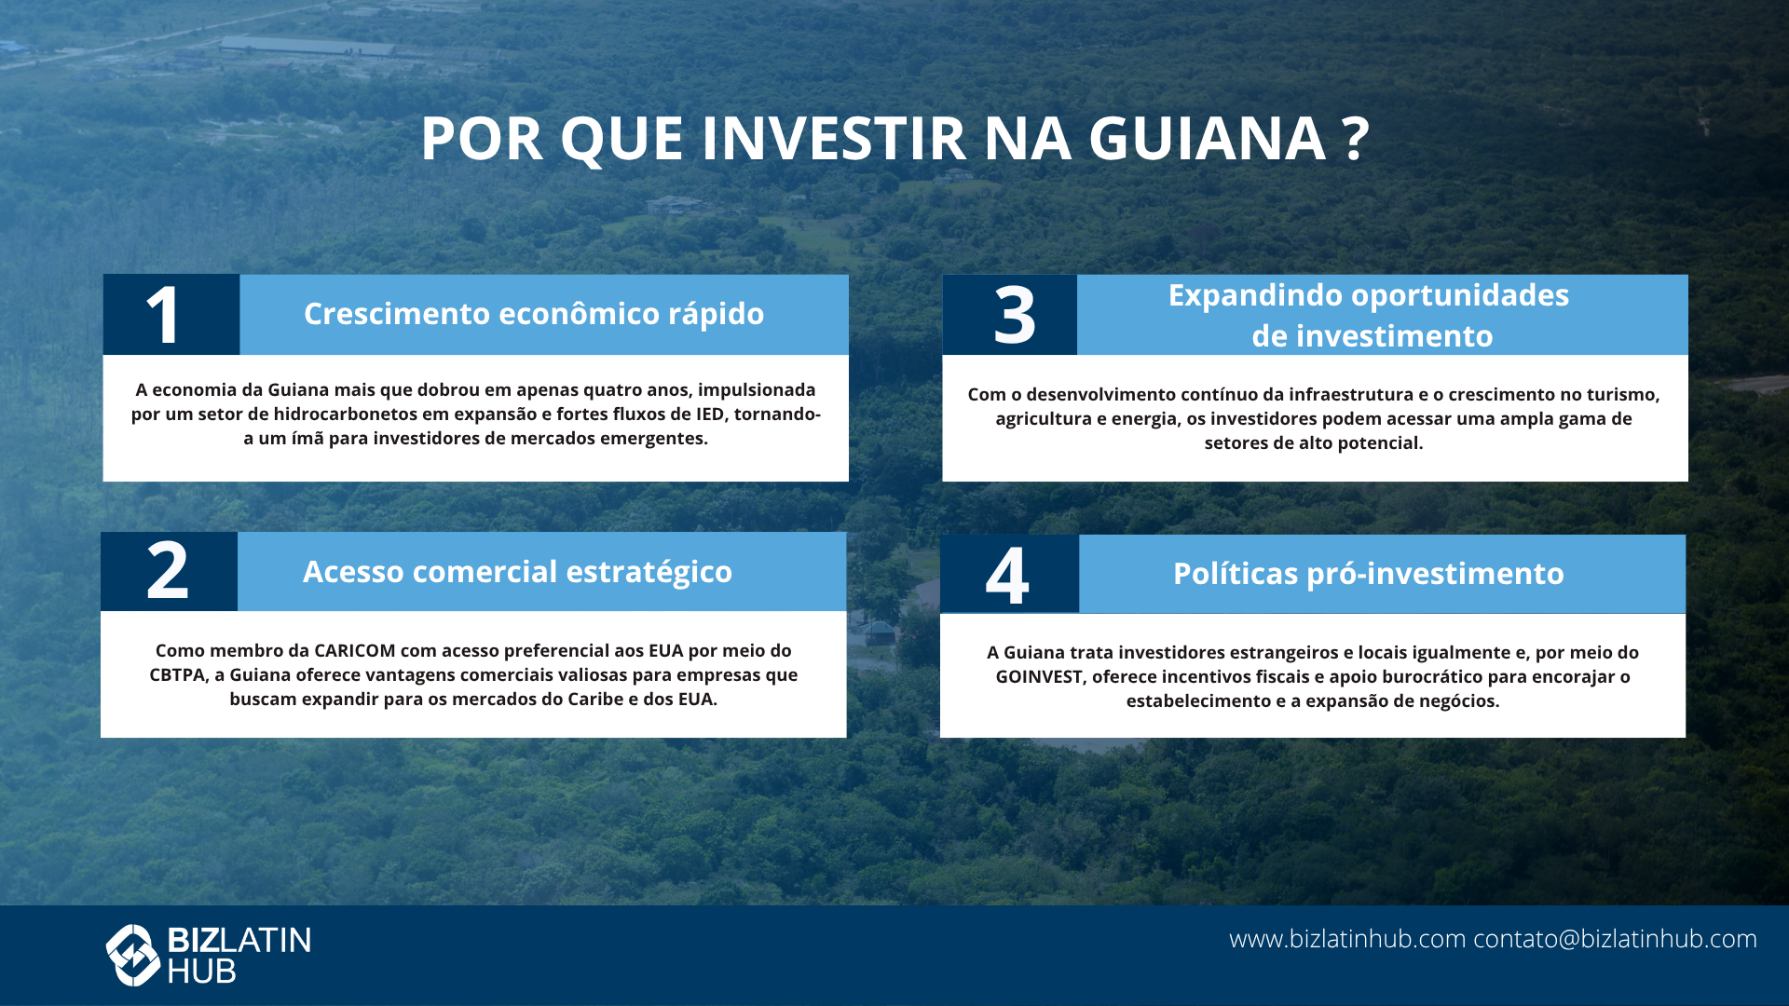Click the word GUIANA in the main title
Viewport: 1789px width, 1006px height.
pos(1207,139)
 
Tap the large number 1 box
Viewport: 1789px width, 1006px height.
pos(171,315)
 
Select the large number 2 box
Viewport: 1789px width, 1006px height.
pos(169,572)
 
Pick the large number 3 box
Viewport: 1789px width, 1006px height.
pos(1010,315)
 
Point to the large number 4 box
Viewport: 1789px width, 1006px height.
pos(1010,574)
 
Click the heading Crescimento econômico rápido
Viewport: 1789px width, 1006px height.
pos(534,314)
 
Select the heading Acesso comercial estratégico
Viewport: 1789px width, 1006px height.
pos(517,572)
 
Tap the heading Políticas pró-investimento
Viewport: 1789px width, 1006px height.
pos(1369,574)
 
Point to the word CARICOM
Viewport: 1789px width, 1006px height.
pos(355,650)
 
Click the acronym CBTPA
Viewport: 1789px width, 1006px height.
pos(177,674)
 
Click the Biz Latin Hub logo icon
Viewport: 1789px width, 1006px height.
pos(133,955)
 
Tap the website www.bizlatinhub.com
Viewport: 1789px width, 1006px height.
pos(1347,939)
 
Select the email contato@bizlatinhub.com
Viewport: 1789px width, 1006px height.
pos(1615,939)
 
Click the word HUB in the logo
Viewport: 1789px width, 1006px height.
pos(201,972)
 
